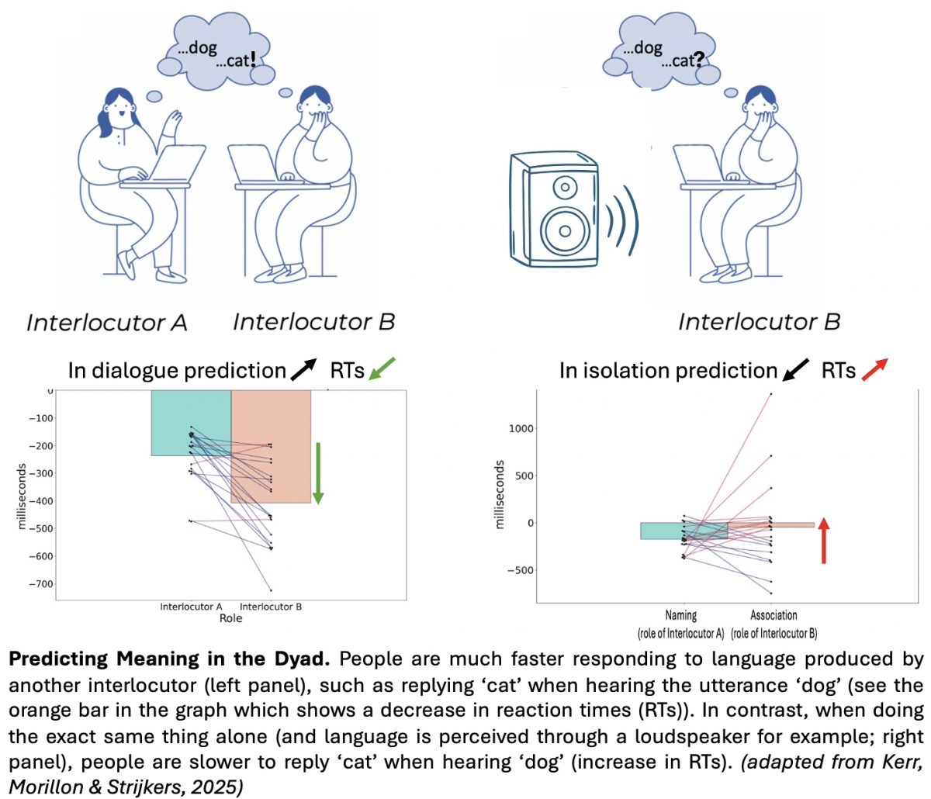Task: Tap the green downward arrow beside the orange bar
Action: click(x=317, y=473)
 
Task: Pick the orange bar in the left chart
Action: click(x=271, y=446)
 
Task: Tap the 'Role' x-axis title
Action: click(x=230, y=618)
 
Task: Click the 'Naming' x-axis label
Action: click(x=680, y=615)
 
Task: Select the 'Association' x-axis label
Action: click(x=774, y=615)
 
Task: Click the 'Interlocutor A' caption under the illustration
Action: click(x=107, y=323)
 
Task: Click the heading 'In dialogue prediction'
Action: click(x=177, y=371)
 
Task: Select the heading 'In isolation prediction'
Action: click(x=668, y=371)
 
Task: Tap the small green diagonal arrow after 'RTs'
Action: click(x=382, y=369)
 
